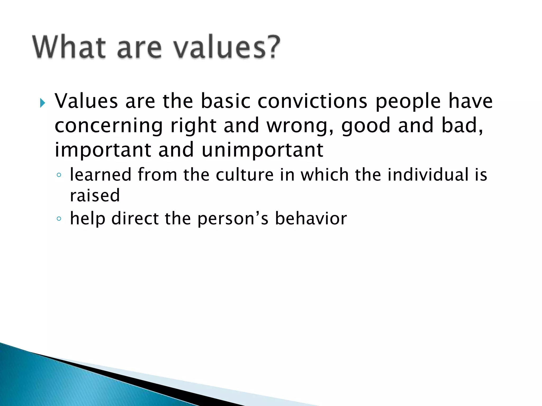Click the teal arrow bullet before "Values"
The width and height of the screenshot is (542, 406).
(42, 103)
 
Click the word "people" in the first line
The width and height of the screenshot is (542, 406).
(408, 102)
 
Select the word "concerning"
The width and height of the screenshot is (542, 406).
(109, 126)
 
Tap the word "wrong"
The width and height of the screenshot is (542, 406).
(299, 126)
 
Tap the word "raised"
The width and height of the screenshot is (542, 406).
(95, 196)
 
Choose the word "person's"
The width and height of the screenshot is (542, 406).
(233, 219)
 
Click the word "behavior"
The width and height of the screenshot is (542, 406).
(311, 219)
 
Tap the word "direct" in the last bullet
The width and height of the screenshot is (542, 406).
(135, 219)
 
